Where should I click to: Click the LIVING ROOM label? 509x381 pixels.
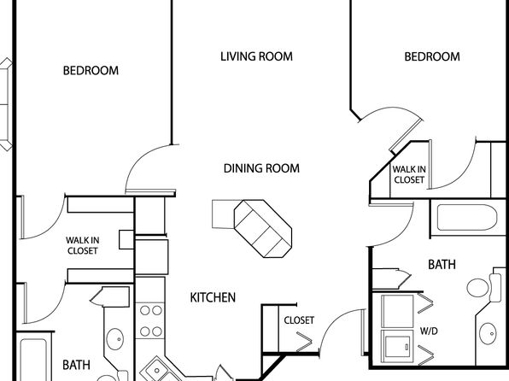click(x=256, y=56)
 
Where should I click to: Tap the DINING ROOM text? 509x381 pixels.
click(x=261, y=168)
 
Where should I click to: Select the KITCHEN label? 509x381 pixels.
click(x=213, y=297)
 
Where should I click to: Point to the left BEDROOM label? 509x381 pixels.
click(x=91, y=71)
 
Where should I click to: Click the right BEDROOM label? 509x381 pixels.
click(x=432, y=57)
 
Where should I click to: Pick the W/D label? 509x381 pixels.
click(x=429, y=331)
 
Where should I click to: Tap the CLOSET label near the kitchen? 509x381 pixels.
click(x=299, y=320)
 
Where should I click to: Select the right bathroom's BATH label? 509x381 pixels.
click(x=442, y=265)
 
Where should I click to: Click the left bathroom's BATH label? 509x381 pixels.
click(x=76, y=365)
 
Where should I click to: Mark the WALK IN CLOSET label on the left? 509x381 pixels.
click(x=83, y=245)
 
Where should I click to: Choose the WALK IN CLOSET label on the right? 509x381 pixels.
click(x=409, y=174)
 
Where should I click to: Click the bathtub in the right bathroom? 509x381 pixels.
click(x=467, y=217)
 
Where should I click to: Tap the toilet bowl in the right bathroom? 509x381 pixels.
click(x=478, y=287)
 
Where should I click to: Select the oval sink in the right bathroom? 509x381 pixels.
click(x=488, y=333)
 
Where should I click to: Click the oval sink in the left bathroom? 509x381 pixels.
click(x=115, y=339)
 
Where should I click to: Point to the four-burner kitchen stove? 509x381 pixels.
click(x=150, y=321)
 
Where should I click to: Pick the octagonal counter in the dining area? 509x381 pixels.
click(x=263, y=229)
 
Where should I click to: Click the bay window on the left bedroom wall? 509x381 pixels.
click(x=6, y=104)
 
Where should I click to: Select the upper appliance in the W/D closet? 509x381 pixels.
click(x=397, y=311)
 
